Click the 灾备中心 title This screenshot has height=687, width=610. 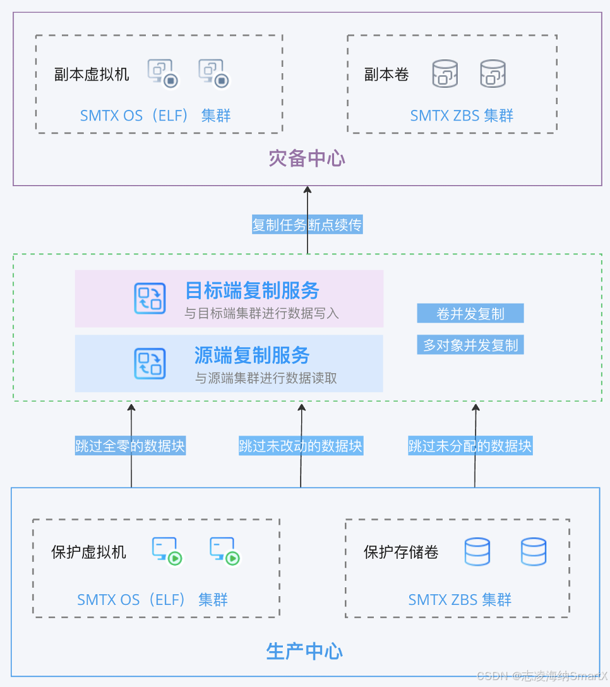(x=307, y=158)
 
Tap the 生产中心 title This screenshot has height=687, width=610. (x=304, y=651)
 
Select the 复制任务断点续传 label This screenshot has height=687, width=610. (x=308, y=225)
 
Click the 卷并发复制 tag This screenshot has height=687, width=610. (x=470, y=314)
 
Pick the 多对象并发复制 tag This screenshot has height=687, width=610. (x=470, y=345)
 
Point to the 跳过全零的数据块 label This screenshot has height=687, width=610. (x=130, y=446)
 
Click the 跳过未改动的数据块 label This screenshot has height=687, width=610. (x=301, y=446)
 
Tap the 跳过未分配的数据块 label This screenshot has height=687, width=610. (x=470, y=446)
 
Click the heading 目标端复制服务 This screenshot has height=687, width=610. (x=252, y=290)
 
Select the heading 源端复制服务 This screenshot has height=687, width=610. (x=252, y=355)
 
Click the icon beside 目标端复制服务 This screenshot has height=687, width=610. (x=150, y=299)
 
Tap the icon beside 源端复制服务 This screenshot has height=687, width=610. (x=150, y=364)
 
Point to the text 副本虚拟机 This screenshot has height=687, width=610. (x=92, y=75)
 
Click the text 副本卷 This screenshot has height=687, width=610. (x=386, y=75)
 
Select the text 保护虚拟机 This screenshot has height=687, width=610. (x=88, y=552)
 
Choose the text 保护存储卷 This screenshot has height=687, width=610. (x=401, y=552)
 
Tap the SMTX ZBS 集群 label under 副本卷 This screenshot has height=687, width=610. (x=462, y=116)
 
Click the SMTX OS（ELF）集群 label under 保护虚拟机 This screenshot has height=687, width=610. (x=152, y=599)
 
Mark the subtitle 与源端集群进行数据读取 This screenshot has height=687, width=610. (x=266, y=378)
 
